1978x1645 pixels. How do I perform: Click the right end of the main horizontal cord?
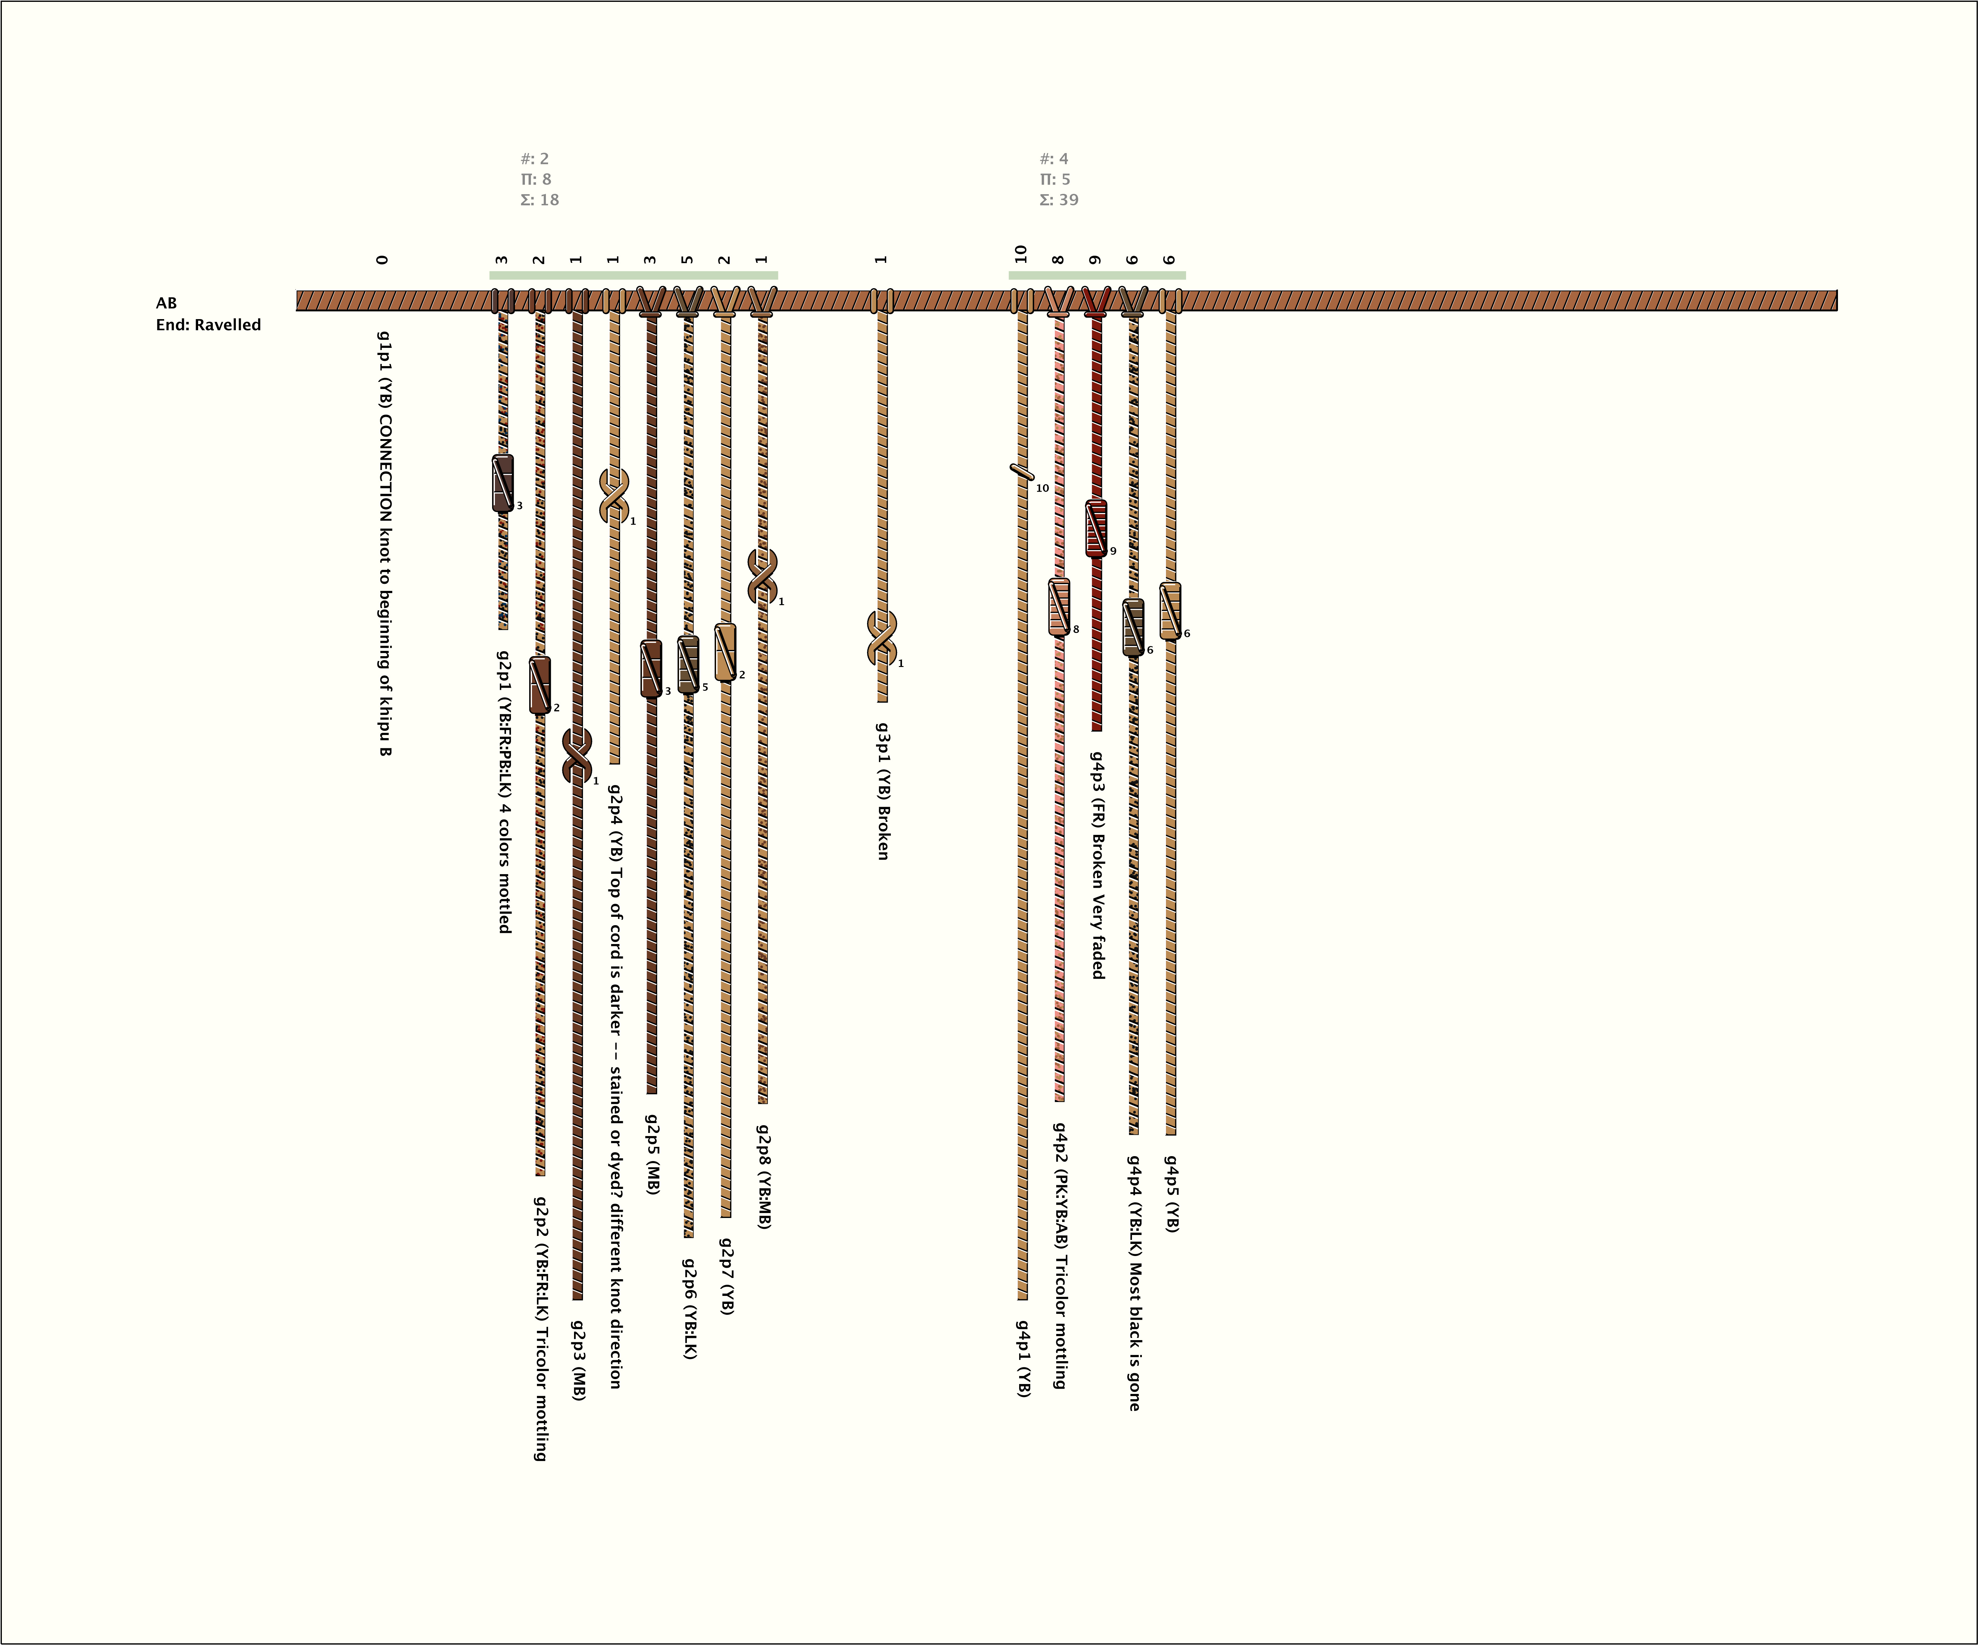click(x=1837, y=301)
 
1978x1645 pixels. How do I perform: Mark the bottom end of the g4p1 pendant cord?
click(x=1022, y=1299)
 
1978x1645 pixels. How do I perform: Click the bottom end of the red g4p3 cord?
click(x=1095, y=730)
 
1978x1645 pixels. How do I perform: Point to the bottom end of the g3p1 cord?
click(x=882, y=701)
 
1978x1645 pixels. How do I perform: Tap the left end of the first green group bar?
click(x=490, y=275)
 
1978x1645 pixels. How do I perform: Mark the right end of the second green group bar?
click(x=1185, y=275)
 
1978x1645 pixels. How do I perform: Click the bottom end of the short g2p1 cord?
click(x=502, y=628)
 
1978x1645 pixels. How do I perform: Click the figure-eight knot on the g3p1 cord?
click(x=882, y=638)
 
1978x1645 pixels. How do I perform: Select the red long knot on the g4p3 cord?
click(x=1095, y=528)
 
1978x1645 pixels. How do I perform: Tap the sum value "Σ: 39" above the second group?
click(x=1059, y=200)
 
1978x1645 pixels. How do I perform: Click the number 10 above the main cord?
click(x=1021, y=254)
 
